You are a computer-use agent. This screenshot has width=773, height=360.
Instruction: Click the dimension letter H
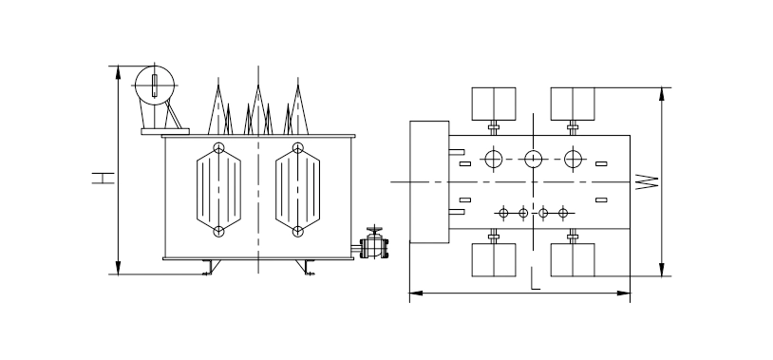(x=103, y=178)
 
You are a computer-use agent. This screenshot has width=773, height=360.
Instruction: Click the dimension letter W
(x=647, y=182)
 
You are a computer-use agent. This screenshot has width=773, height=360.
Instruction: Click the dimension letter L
(x=536, y=278)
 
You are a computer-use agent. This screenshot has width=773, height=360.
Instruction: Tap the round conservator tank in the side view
(x=155, y=85)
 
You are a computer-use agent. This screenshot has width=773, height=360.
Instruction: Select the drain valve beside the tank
(x=374, y=242)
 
